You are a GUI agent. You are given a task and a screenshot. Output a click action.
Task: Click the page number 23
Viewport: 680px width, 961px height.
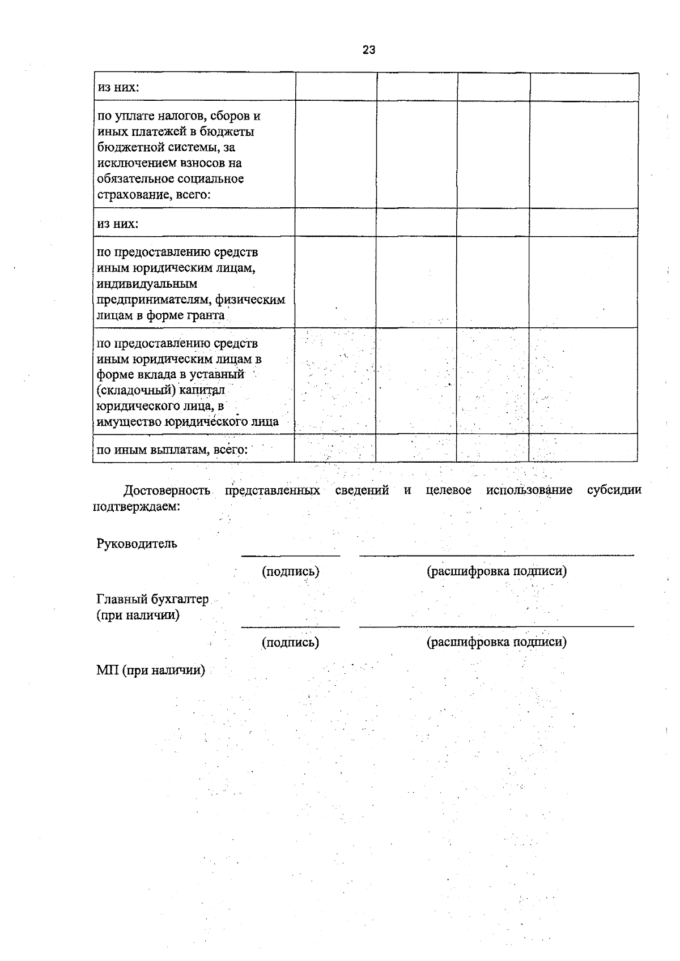(369, 50)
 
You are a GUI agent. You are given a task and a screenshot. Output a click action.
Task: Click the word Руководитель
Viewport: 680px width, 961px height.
(137, 544)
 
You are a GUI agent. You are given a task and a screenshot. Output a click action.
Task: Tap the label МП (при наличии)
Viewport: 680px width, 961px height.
(150, 670)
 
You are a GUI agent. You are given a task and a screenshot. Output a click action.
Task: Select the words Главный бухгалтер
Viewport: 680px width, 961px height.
(152, 599)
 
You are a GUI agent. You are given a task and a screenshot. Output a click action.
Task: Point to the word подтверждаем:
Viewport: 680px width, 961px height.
(136, 506)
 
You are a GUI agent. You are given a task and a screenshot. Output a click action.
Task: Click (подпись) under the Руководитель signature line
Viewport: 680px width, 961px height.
(290, 571)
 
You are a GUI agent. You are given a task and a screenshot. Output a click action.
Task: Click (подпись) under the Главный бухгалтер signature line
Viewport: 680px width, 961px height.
(290, 642)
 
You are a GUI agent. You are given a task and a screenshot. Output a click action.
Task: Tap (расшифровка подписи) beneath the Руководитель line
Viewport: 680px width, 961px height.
(496, 571)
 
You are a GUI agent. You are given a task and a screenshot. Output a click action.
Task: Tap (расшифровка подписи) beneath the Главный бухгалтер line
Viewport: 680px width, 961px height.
(496, 642)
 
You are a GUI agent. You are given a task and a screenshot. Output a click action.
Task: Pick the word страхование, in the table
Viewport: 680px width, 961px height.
(131, 195)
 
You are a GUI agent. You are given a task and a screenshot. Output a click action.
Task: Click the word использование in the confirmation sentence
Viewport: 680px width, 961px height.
(529, 490)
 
